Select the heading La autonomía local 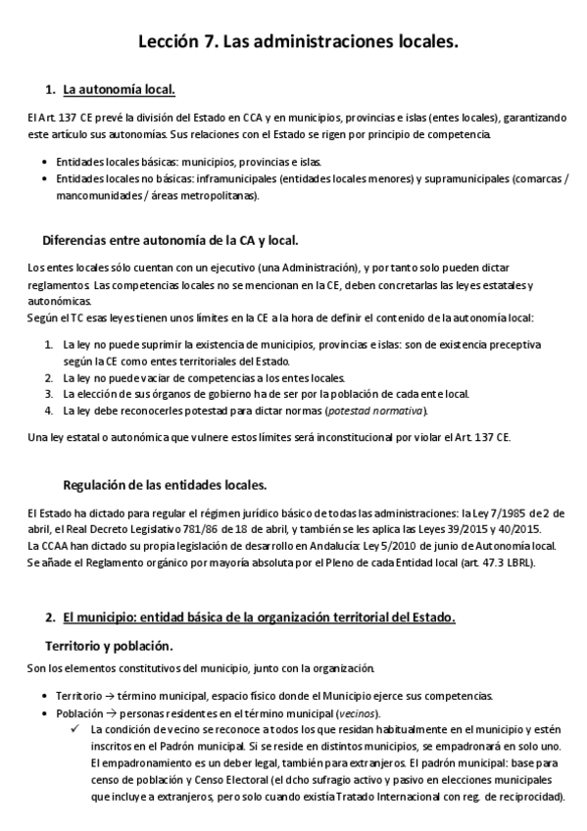coord(119,91)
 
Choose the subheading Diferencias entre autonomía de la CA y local coord(171,240)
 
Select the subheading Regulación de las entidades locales coord(165,485)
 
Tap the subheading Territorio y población coord(110,647)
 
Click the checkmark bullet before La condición coord(74,730)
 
